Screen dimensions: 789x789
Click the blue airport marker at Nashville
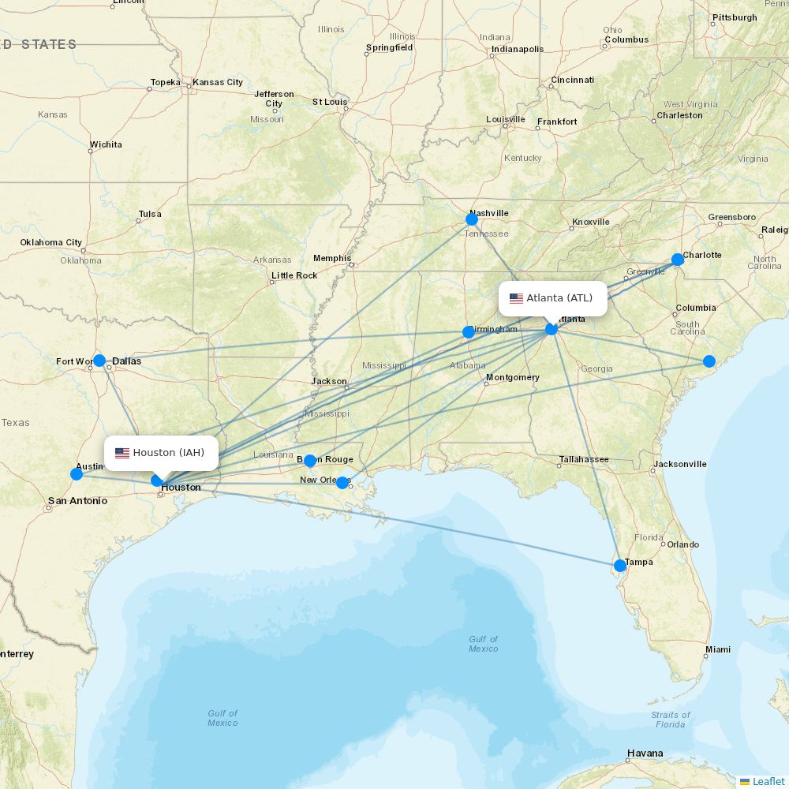coord(472,219)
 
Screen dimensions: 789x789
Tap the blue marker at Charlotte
coord(678,260)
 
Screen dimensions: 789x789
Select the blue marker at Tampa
coord(620,566)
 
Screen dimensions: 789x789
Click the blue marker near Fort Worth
coord(99,361)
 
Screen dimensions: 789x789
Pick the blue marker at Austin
coord(77,474)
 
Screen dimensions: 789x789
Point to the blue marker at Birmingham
coord(469,332)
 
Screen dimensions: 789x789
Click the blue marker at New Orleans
coord(342,483)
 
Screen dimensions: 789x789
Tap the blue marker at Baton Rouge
coord(310,461)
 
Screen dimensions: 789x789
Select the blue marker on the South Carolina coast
coord(709,361)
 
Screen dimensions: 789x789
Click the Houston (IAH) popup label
coord(161,453)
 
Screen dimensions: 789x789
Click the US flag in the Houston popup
coord(122,453)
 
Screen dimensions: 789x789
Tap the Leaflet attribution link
coord(768,781)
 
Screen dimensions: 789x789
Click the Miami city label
coord(718,649)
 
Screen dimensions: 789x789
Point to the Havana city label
coord(645,753)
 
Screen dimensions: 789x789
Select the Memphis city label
coord(331,258)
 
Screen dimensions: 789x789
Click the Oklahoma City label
coord(51,242)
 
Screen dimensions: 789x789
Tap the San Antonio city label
coord(77,501)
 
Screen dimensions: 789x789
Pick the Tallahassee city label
coord(583,459)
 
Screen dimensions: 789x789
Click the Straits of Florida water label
coord(670,720)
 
